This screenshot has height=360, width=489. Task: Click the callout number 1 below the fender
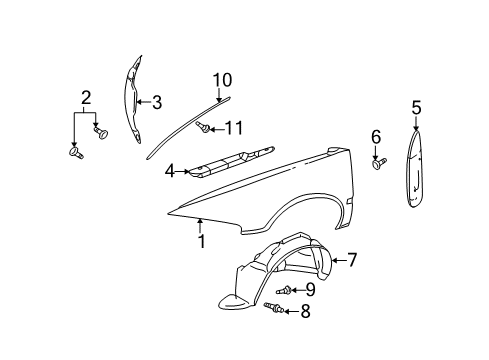point(201,241)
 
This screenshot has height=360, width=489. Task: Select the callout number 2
point(87,97)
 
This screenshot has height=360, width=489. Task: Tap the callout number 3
point(156,101)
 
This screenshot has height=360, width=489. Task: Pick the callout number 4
point(170,172)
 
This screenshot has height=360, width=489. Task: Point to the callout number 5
point(417,107)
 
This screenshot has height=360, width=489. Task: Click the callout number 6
point(376,137)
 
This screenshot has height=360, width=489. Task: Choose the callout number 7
point(351,261)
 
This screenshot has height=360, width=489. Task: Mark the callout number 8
point(305,311)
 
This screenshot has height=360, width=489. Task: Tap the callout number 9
point(310,290)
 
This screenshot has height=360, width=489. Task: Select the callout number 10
point(221,80)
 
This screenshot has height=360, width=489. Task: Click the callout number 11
point(234,128)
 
